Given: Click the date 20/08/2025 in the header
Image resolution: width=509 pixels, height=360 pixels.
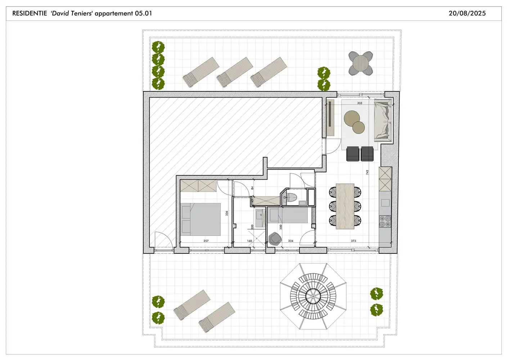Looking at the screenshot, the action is click(467, 13).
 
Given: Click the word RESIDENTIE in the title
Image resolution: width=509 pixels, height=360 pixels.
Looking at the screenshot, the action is click(30, 13).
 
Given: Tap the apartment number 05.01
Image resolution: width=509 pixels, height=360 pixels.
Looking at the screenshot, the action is click(143, 13).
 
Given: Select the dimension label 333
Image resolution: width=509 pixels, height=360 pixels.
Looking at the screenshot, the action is click(360, 103).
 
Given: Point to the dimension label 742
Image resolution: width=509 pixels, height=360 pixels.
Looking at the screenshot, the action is click(367, 172).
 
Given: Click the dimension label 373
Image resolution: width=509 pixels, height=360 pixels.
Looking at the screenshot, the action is click(353, 241).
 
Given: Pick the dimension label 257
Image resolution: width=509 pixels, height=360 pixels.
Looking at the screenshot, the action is click(206, 241).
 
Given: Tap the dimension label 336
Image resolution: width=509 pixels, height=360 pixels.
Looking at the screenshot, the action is click(226, 213).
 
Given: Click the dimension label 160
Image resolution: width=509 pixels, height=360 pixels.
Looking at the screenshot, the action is click(249, 241).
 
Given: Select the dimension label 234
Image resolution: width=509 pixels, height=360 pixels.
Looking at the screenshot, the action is click(290, 241).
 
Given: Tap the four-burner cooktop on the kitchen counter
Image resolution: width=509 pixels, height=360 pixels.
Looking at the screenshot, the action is click(385, 222).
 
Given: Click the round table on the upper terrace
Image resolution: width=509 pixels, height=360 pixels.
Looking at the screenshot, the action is click(361, 63).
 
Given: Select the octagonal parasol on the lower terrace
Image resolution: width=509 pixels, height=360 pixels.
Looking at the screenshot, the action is click(313, 296).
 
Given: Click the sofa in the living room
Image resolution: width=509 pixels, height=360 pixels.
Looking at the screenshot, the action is click(383, 121).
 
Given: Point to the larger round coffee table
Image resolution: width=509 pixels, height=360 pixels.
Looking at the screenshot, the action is click(352, 118).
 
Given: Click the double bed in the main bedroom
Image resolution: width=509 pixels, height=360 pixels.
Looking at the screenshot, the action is click(201, 219).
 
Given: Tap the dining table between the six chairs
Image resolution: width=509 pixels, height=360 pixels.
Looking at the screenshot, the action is click(345, 206).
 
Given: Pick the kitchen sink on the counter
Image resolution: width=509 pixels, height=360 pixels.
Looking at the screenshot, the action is click(385, 203).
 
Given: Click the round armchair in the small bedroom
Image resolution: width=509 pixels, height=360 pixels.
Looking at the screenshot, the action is click(275, 239).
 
